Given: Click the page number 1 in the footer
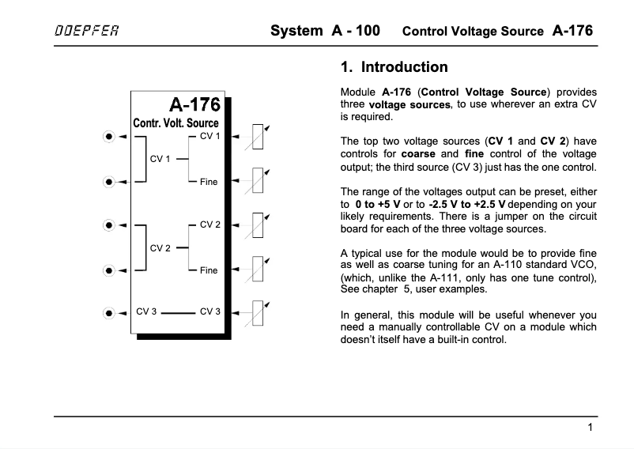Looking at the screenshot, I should (x=591, y=428).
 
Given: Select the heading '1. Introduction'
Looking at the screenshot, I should (x=393, y=68).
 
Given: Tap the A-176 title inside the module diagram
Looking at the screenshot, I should (x=194, y=104).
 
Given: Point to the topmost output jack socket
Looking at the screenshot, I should (x=108, y=137).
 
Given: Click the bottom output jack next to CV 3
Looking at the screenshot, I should (x=108, y=311).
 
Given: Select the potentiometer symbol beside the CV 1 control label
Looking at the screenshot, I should (x=258, y=137).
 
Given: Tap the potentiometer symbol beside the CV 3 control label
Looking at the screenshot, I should (x=258, y=311).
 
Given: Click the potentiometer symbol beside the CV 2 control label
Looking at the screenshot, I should (x=258, y=224).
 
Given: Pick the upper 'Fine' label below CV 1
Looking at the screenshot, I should (x=209, y=182).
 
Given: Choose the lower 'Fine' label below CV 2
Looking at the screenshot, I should (x=209, y=270).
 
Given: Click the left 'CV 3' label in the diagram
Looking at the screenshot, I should (x=146, y=311).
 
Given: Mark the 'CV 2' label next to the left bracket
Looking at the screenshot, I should (x=160, y=248).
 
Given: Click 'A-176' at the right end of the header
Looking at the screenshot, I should (x=572, y=32).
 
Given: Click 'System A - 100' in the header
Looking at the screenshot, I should (x=325, y=32).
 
